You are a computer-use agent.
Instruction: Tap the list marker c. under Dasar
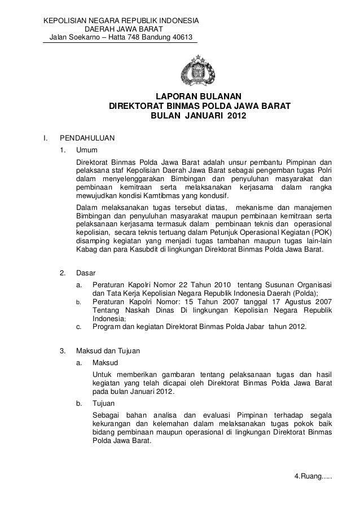(x=78, y=326)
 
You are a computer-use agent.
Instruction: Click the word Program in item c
(x=107, y=326)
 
